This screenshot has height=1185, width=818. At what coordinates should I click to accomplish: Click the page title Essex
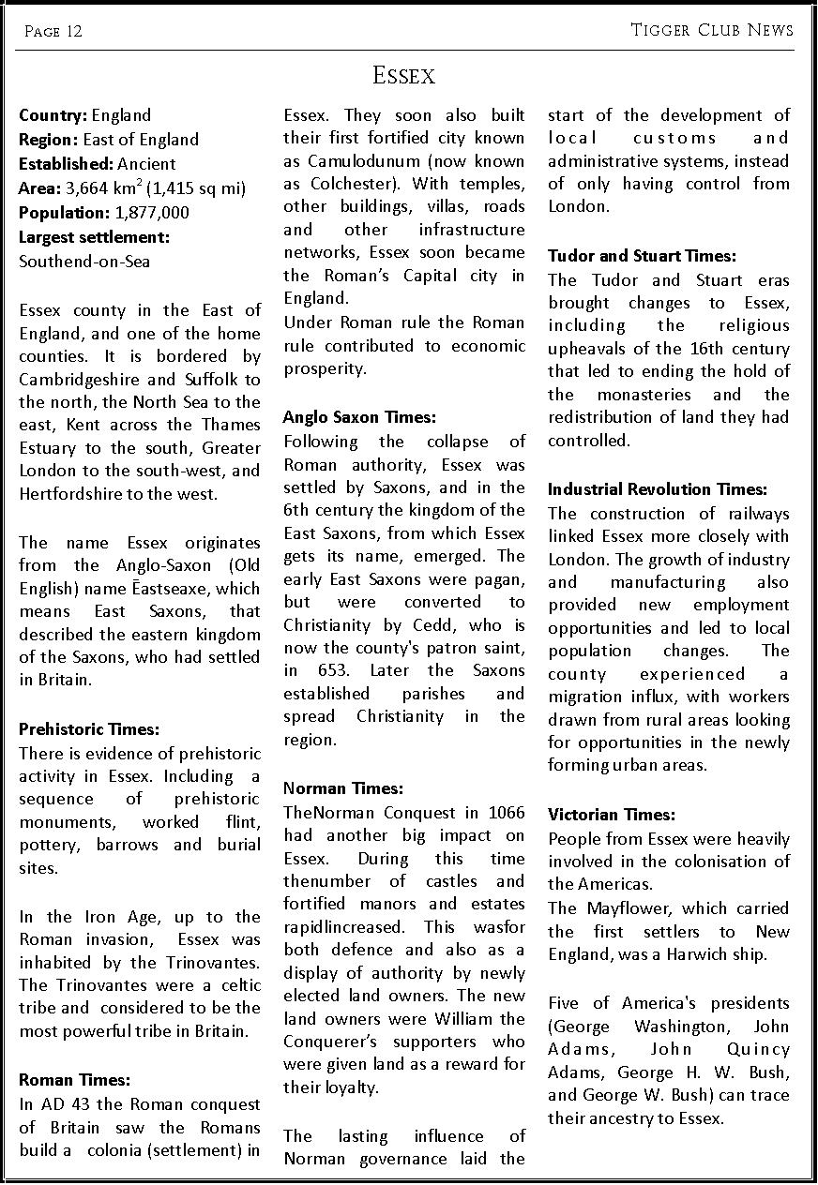(x=403, y=75)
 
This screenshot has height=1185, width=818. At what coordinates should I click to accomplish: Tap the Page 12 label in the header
(x=53, y=32)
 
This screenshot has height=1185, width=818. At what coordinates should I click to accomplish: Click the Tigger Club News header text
(x=712, y=30)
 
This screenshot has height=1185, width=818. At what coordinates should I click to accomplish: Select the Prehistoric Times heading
(x=89, y=729)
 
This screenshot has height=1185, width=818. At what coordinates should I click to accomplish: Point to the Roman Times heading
(x=74, y=1081)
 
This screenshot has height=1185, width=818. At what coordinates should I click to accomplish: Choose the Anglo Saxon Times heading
(x=360, y=417)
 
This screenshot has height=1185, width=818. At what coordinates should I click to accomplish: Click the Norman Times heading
(x=343, y=788)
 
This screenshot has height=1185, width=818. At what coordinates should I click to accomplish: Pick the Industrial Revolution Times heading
(x=658, y=489)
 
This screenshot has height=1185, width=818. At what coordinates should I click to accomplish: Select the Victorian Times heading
(x=612, y=815)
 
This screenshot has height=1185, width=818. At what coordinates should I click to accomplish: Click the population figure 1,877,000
(x=152, y=213)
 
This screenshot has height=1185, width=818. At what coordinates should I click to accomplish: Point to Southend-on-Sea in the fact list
(x=84, y=262)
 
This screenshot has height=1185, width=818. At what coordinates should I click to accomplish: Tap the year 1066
(x=507, y=813)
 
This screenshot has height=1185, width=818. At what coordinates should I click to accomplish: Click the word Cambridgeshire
(x=79, y=379)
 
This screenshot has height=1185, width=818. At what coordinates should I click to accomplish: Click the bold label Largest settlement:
(x=94, y=237)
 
